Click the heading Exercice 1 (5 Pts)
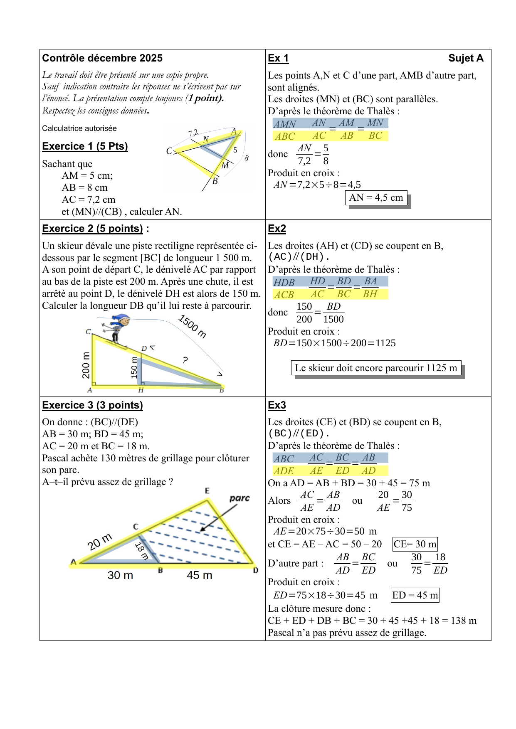(x=85, y=146)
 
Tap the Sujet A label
(x=466, y=58)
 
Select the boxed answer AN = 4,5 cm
(x=376, y=198)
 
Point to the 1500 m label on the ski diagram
(x=193, y=326)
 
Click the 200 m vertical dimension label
(x=86, y=365)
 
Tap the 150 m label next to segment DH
(x=134, y=367)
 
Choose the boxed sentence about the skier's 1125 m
(x=376, y=368)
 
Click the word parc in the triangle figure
(x=239, y=498)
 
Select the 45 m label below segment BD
(x=199, y=575)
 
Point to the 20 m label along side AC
(x=100, y=542)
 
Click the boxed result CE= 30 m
(x=415, y=544)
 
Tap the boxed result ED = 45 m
(x=415, y=595)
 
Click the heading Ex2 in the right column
(x=277, y=229)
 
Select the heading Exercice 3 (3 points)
(x=92, y=405)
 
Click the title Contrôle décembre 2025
(x=102, y=58)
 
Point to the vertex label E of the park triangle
(x=207, y=491)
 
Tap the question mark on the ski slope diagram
(x=185, y=360)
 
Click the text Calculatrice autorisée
(x=79, y=128)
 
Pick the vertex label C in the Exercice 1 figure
(x=169, y=151)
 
